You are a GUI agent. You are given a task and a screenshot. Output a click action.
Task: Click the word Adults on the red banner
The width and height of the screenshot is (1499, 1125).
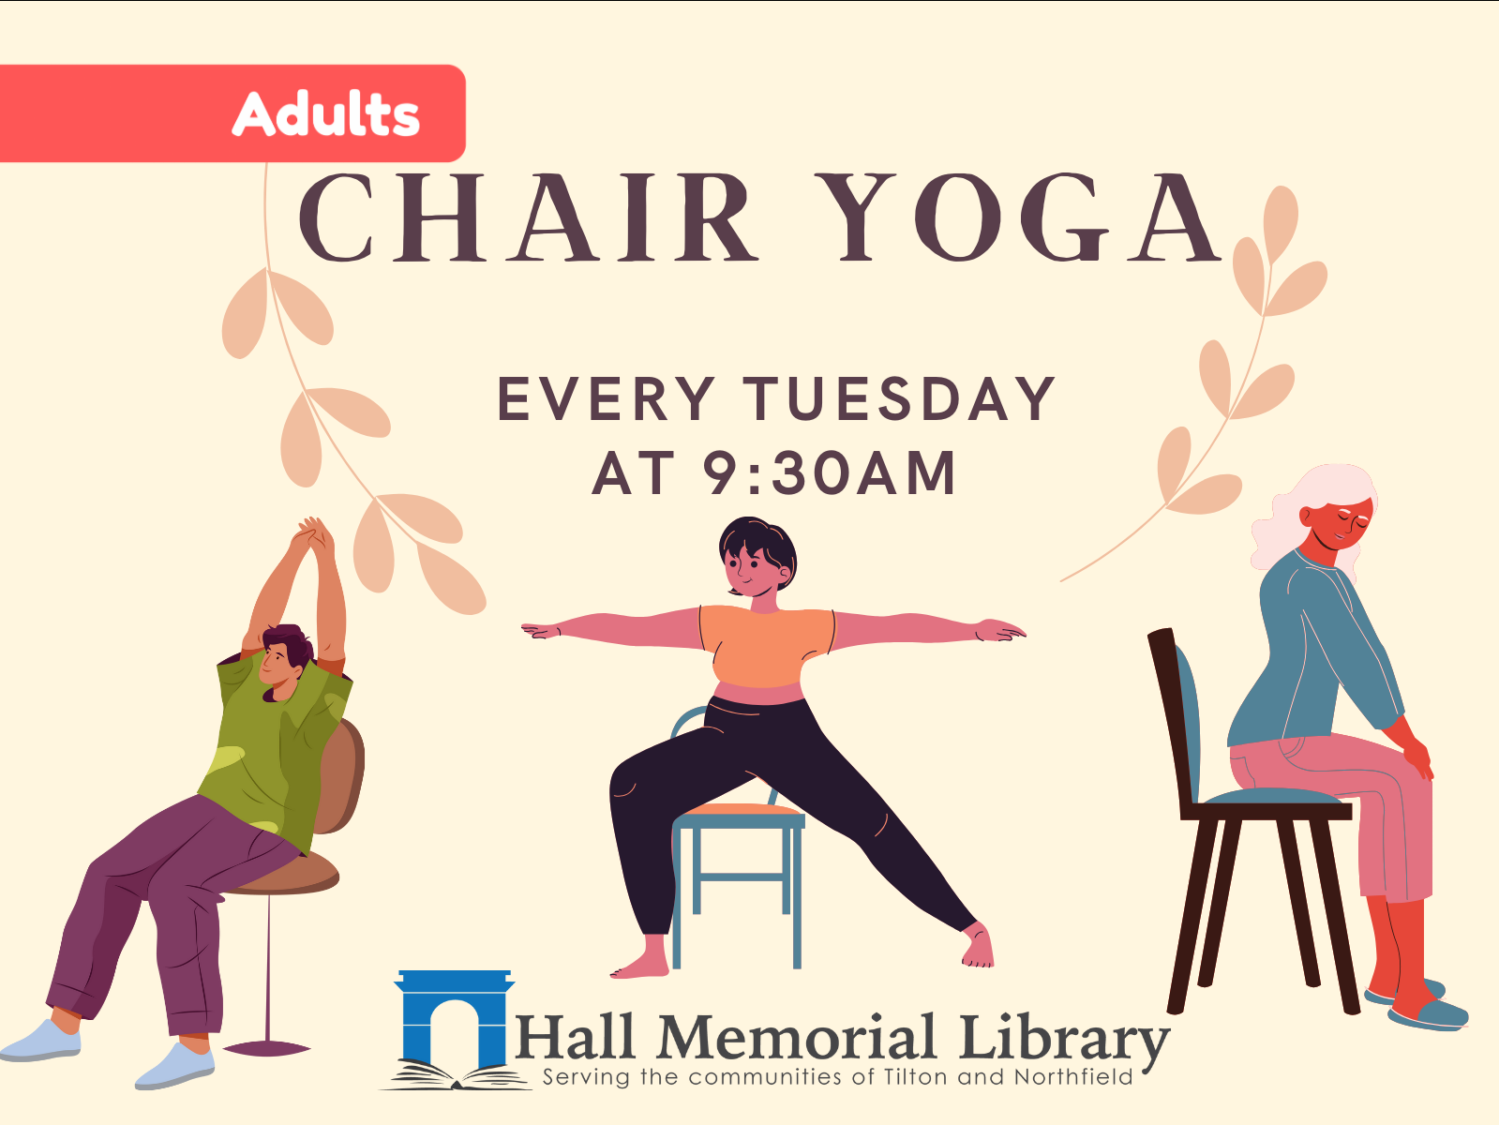click(x=325, y=114)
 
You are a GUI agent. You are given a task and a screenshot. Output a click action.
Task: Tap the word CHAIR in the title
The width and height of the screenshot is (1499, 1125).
click(x=527, y=219)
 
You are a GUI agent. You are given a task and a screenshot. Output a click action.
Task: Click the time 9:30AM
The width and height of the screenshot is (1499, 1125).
click(x=829, y=473)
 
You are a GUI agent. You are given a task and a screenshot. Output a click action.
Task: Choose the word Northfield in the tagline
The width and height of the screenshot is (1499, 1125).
click(x=1073, y=1077)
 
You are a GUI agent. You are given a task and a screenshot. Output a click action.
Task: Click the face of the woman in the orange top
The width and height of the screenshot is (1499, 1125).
click(x=750, y=567)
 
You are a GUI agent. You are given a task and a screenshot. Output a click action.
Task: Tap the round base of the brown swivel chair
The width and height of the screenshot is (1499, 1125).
click(x=266, y=1047)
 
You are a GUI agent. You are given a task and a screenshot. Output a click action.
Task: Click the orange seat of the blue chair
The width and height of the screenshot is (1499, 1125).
click(x=741, y=810)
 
